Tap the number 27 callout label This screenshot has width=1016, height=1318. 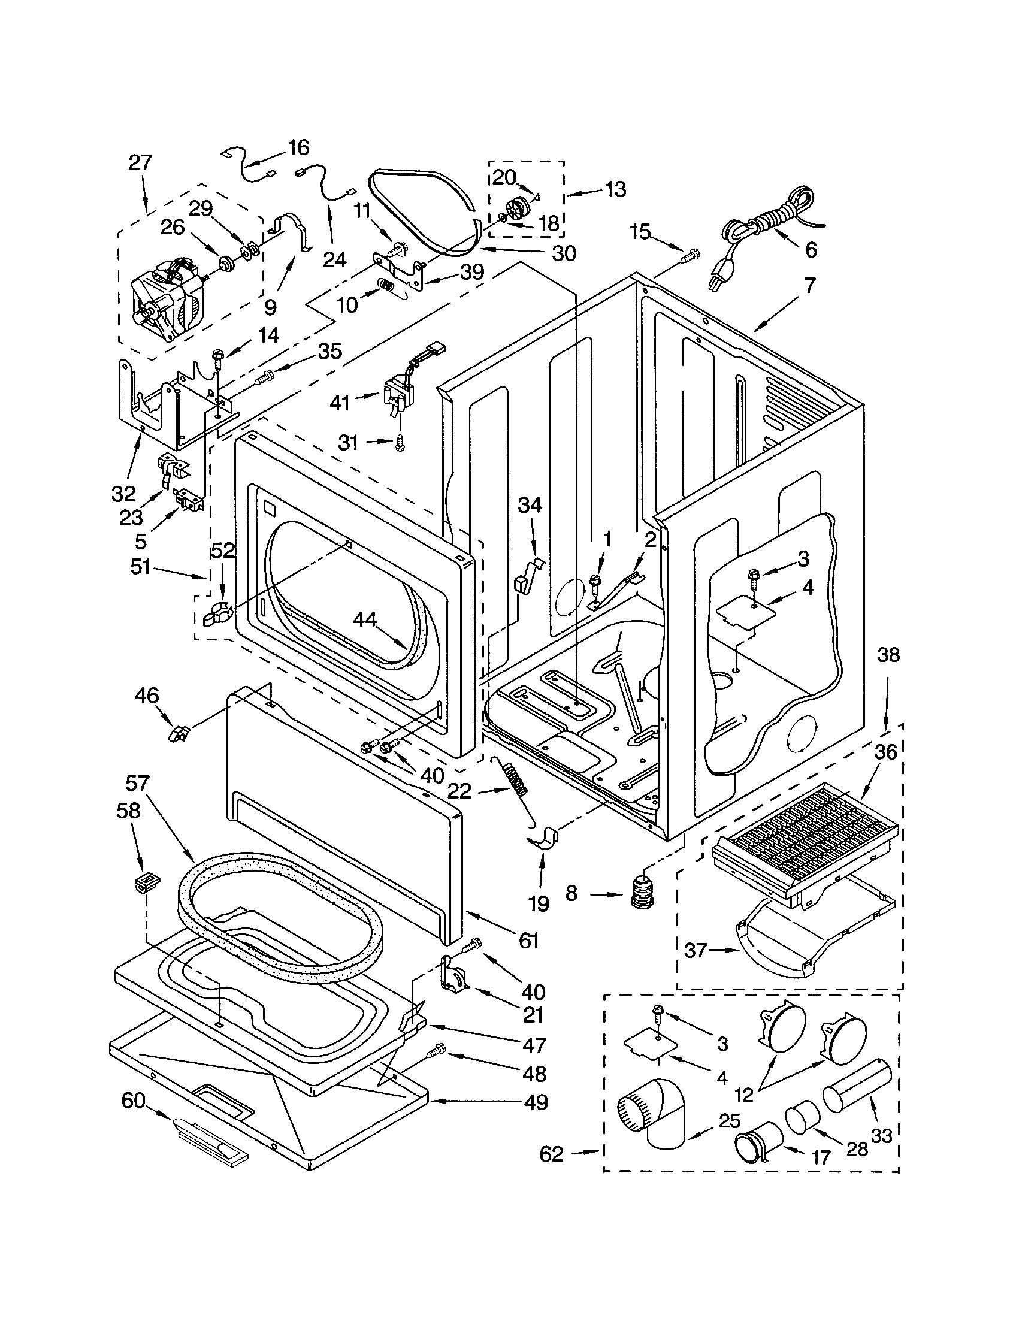point(140,162)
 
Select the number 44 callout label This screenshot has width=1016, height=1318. point(364,619)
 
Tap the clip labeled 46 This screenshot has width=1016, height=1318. point(179,734)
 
